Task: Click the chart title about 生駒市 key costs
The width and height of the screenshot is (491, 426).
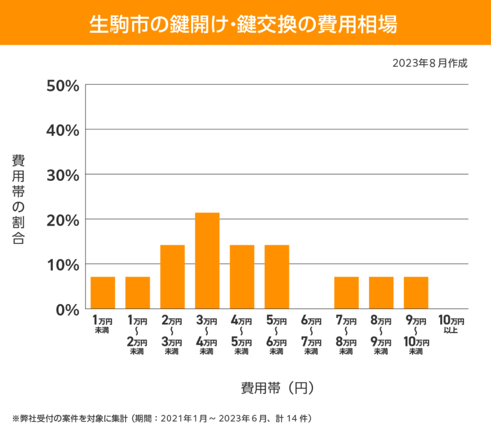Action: (245, 23)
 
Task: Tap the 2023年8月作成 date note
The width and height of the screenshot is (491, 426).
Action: (430, 63)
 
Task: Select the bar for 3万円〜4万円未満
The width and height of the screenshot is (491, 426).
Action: (207, 261)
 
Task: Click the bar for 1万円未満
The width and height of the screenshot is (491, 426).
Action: (103, 293)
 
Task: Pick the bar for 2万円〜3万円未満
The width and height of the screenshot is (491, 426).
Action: (172, 277)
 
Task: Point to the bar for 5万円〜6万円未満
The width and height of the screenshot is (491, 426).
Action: (276, 277)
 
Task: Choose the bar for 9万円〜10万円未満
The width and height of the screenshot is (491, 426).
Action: (416, 293)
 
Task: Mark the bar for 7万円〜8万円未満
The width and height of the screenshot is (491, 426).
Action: (346, 293)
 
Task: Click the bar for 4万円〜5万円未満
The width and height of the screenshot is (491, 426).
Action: (242, 277)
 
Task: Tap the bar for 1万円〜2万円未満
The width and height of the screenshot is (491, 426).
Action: (137, 293)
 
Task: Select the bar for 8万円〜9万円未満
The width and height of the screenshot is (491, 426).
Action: (381, 293)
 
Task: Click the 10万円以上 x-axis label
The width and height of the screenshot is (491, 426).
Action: (451, 324)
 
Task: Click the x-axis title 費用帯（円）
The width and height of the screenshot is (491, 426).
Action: (277, 388)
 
